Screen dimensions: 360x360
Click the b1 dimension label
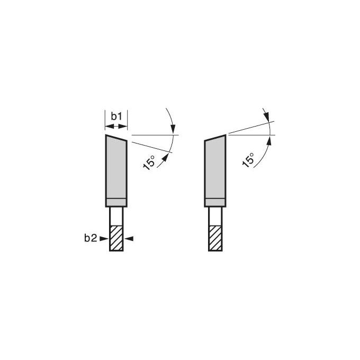[116, 116]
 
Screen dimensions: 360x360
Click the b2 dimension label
[91, 238]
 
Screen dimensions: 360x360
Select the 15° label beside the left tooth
[149, 163]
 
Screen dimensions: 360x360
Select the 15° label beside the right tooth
[248, 159]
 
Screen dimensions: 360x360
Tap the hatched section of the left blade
[116, 238]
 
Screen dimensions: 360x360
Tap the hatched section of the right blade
[215, 238]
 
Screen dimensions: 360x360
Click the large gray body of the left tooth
[116, 166]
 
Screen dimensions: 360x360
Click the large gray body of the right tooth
[215, 166]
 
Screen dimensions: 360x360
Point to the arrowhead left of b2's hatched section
[104, 239]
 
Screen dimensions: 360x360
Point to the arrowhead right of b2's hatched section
[129, 239]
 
